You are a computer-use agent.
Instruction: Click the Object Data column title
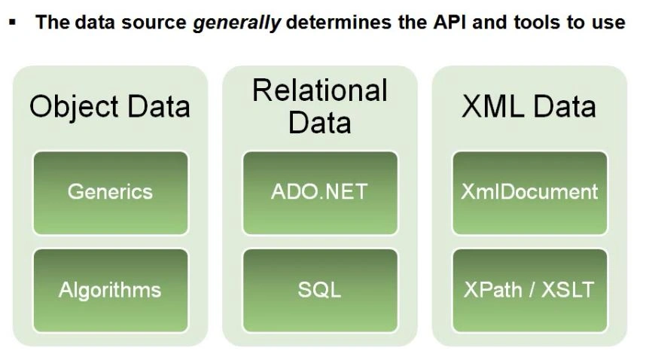point(110,106)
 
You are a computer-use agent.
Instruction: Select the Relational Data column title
point(320,106)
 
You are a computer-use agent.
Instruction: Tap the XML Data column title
point(529,106)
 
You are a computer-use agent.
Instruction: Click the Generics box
point(110,192)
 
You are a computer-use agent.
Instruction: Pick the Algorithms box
point(110,290)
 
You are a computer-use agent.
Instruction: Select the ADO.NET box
point(320,192)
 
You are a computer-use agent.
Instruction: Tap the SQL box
point(320,290)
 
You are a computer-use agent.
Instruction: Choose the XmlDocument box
point(529,192)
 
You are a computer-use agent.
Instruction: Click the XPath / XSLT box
point(529,290)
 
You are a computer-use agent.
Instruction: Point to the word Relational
point(320,90)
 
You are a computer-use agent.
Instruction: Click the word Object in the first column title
point(69,106)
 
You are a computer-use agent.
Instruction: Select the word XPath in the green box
point(491,290)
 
